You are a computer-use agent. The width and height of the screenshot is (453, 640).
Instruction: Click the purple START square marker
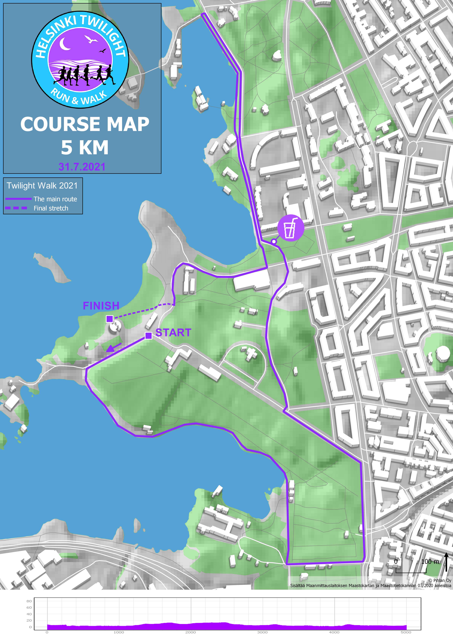point(149,336)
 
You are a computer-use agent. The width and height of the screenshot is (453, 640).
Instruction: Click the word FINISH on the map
point(101,306)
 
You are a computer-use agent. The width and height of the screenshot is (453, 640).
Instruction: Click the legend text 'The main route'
point(55,199)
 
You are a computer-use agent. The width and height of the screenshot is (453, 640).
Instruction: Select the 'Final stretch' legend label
point(51,208)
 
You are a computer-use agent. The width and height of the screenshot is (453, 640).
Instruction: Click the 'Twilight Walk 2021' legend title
point(42,186)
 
